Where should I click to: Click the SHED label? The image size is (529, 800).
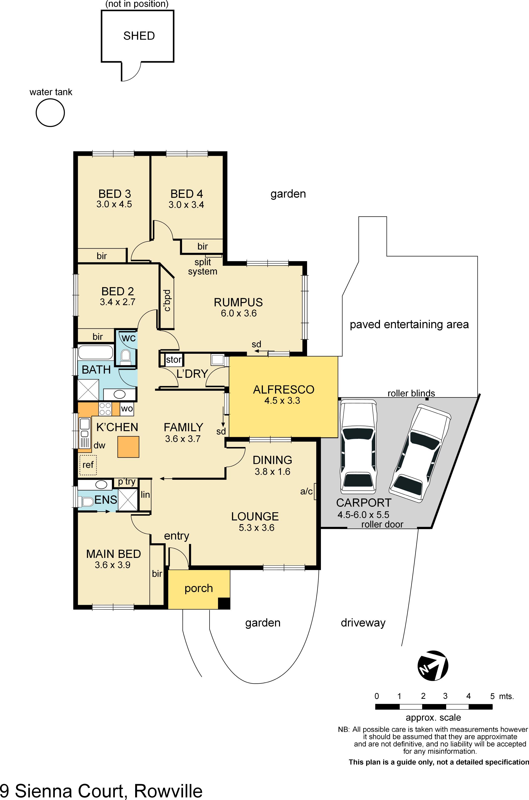tap(139, 36)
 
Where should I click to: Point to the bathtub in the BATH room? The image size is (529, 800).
tap(95, 352)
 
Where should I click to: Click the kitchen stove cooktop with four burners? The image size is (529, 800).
tap(105, 409)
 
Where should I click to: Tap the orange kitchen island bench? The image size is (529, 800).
tap(128, 447)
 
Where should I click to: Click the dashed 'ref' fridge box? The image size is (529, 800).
tap(88, 465)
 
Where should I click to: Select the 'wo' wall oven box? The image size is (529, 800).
tap(127, 409)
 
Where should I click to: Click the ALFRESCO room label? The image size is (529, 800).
tap(283, 390)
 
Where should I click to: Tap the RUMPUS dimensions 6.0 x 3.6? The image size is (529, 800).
tap(239, 314)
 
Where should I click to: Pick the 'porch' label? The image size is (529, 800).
tap(199, 588)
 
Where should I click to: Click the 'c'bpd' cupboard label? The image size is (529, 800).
tap(167, 300)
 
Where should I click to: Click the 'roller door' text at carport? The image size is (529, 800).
tap(382, 524)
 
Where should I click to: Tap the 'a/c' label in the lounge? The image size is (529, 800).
tap(306, 491)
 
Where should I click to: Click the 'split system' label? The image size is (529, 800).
tap(202, 267)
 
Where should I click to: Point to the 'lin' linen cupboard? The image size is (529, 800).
tap(145, 495)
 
